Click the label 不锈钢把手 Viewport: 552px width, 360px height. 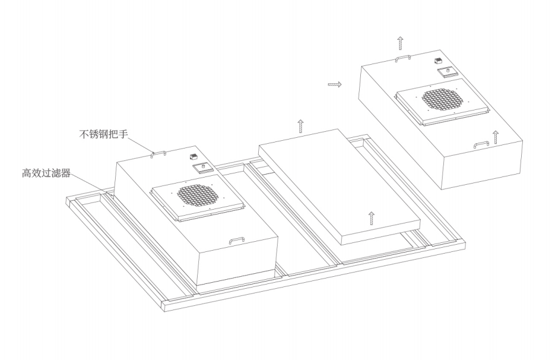[x=103, y=134]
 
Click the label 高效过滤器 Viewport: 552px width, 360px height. [x=46, y=173]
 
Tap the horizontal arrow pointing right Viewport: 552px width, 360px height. [x=335, y=84]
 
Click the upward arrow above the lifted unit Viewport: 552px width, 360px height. [x=400, y=43]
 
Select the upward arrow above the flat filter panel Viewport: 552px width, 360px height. [x=300, y=126]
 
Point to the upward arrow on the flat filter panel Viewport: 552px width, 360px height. [x=372, y=219]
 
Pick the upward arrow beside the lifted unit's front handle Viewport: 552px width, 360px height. [x=496, y=137]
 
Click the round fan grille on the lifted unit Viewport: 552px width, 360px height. [x=443, y=98]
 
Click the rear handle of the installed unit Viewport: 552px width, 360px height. [x=158, y=154]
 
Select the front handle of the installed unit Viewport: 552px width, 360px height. [x=237, y=240]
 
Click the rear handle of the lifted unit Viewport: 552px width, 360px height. [x=403, y=58]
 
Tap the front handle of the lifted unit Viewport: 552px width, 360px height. [x=481, y=144]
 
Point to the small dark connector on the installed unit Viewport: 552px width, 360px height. [x=194, y=157]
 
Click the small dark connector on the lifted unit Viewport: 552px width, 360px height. [x=438, y=61]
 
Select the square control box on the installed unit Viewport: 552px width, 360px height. [x=203, y=168]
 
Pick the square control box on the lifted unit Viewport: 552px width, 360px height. [x=448, y=72]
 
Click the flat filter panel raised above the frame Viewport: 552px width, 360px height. [x=340, y=187]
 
